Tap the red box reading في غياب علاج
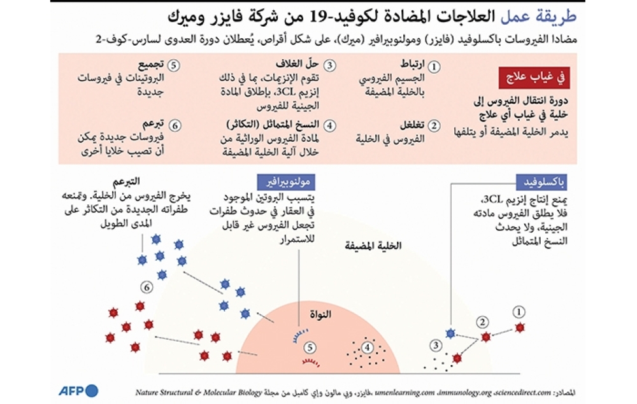(533, 78)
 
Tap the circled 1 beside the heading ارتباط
(434, 66)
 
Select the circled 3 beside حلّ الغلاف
(329, 66)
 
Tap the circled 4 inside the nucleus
(368, 347)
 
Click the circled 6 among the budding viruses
(147, 288)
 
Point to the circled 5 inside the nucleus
(309, 347)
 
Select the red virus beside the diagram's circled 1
(520, 327)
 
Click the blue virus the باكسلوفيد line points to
(451, 333)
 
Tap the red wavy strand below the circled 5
(310, 363)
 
